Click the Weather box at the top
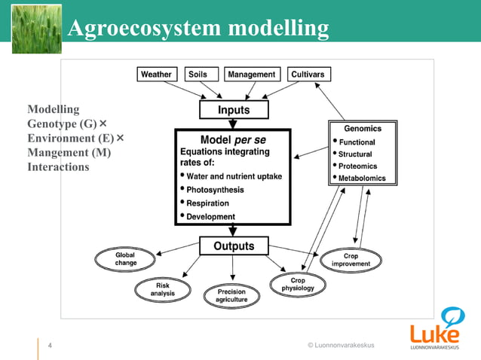(157, 74)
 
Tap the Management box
(252, 74)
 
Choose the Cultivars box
(308, 74)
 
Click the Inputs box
(234, 110)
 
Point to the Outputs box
(234, 246)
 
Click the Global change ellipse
(125, 259)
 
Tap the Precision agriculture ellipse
(231, 296)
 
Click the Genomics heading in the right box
(363, 129)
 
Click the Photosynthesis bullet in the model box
(215, 190)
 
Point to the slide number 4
(50, 346)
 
